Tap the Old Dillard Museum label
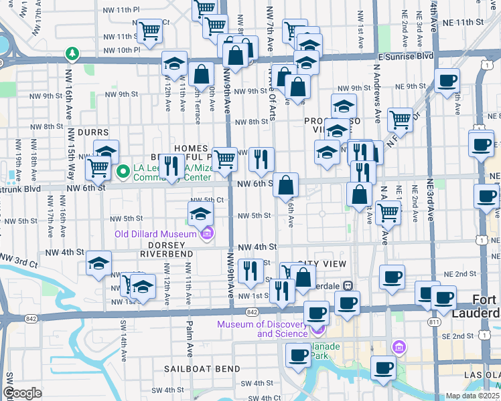pyautogui.click(x=153, y=233)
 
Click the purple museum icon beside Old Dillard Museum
pyautogui.click(x=208, y=233)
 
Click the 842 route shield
pyautogui.click(x=252, y=311)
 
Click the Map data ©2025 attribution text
pyautogui.click(x=472, y=396)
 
